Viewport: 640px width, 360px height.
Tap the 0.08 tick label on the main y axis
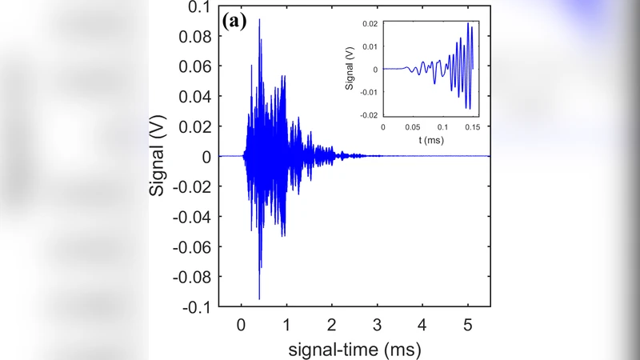[x=195, y=38]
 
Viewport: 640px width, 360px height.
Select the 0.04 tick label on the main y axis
[x=195, y=98]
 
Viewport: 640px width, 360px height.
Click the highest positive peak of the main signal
[x=259, y=19]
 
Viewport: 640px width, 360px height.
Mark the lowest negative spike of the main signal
[x=259, y=298]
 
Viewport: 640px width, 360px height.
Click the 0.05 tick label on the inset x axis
[x=412, y=127]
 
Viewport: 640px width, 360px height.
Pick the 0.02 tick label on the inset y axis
[x=369, y=25]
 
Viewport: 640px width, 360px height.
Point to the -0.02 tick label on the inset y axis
[x=367, y=115]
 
